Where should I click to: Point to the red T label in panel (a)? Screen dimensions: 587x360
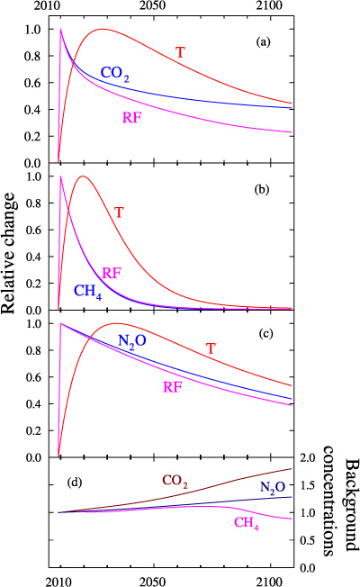tap(180, 52)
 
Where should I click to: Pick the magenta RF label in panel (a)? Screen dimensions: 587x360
tap(133, 117)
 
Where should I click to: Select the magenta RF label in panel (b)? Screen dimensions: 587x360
tap(112, 273)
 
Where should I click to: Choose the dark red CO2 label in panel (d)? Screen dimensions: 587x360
tap(176, 482)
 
